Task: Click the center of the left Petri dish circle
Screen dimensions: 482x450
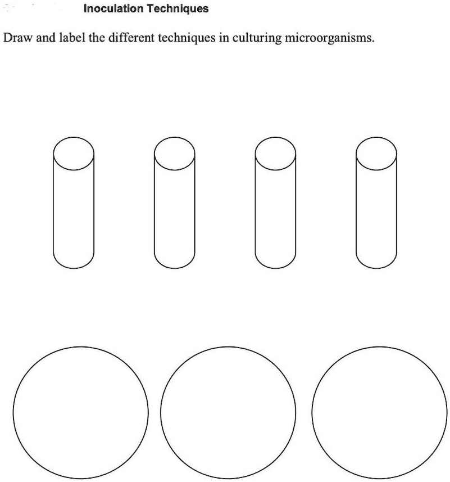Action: point(81,412)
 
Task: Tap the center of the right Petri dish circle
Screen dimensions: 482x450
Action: point(378,412)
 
